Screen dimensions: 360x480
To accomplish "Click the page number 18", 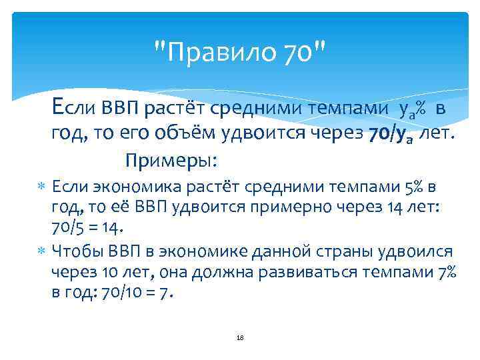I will pyautogui.click(x=240, y=338).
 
